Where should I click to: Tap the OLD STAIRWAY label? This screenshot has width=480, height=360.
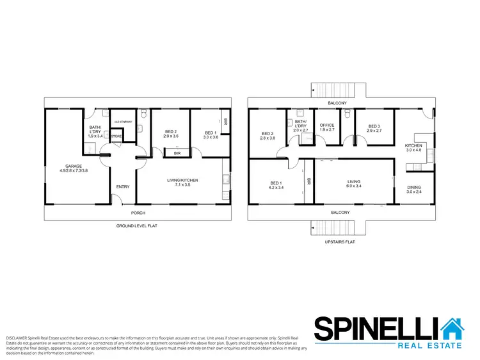tap(122, 122)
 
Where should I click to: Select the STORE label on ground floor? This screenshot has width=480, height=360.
tap(116, 136)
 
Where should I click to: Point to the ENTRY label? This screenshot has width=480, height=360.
tap(122, 187)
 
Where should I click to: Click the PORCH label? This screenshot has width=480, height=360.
tap(138, 213)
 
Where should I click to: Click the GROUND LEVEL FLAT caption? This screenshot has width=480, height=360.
tap(137, 226)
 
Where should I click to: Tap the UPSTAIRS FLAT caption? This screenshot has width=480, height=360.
tap(339, 242)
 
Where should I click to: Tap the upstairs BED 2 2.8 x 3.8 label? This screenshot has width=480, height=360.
tap(268, 135)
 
